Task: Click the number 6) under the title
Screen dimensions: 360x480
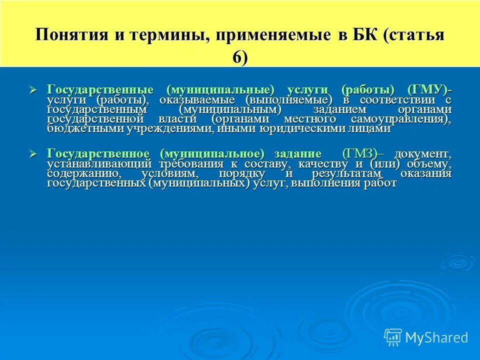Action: pos(239,57)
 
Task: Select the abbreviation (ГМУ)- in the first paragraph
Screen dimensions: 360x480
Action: pos(429,89)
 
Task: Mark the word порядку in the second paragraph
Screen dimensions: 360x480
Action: pos(240,173)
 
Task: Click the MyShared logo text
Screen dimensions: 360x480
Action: pos(436,337)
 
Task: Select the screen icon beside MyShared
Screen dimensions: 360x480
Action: pos(393,337)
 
